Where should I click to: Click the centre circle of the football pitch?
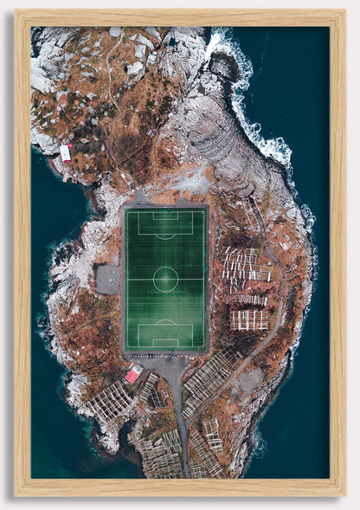(165, 279)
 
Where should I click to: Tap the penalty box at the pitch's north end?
(165, 221)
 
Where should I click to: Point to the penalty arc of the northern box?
(165, 236)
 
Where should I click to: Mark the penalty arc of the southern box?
(165, 321)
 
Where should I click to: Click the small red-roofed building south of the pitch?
(133, 375)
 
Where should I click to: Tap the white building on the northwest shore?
(65, 152)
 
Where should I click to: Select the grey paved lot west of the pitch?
(109, 279)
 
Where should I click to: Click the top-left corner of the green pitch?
(126, 209)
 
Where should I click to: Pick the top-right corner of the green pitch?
(206, 209)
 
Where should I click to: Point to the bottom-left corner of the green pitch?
(126, 350)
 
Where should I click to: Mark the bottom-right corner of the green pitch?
(206, 350)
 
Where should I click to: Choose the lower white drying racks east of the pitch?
(249, 319)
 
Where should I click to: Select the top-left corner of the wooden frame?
(16, 11)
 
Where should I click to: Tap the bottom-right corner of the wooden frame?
(344, 495)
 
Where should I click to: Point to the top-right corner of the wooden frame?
(344, 11)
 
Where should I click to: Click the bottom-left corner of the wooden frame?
(16, 495)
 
